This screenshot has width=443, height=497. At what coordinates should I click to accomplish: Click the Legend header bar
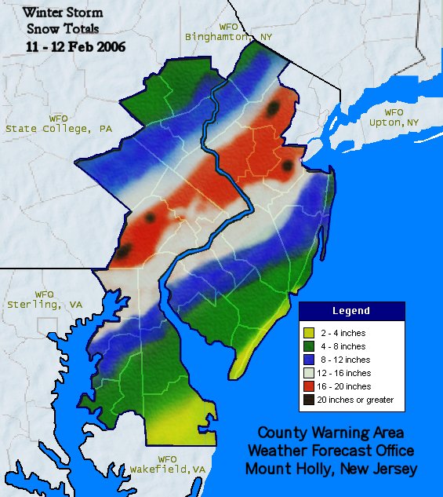pyautogui.click(x=351, y=311)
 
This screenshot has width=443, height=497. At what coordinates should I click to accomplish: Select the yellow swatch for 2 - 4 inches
pyautogui.click(x=310, y=333)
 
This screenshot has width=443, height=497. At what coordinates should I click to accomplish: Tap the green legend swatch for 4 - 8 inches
pyautogui.click(x=310, y=346)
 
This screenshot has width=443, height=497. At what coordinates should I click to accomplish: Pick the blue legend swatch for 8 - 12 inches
pyautogui.click(x=310, y=360)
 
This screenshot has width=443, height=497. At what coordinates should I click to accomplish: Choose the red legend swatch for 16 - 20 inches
pyautogui.click(x=310, y=386)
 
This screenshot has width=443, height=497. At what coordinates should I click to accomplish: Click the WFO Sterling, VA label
pyautogui.click(x=45, y=299)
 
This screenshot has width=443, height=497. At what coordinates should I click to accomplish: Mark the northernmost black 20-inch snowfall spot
pyautogui.click(x=272, y=109)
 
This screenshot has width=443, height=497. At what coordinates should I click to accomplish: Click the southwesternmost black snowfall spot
pyautogui.click(x=124, y=251)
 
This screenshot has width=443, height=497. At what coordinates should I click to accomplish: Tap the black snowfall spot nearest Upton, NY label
pyautogui.click(x=288, y=166)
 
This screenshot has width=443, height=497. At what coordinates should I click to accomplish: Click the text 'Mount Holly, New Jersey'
pyautogui.click(x=330, y=469)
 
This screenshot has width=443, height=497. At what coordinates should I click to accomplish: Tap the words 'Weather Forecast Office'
pyautogui.click(x=330, y=451)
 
